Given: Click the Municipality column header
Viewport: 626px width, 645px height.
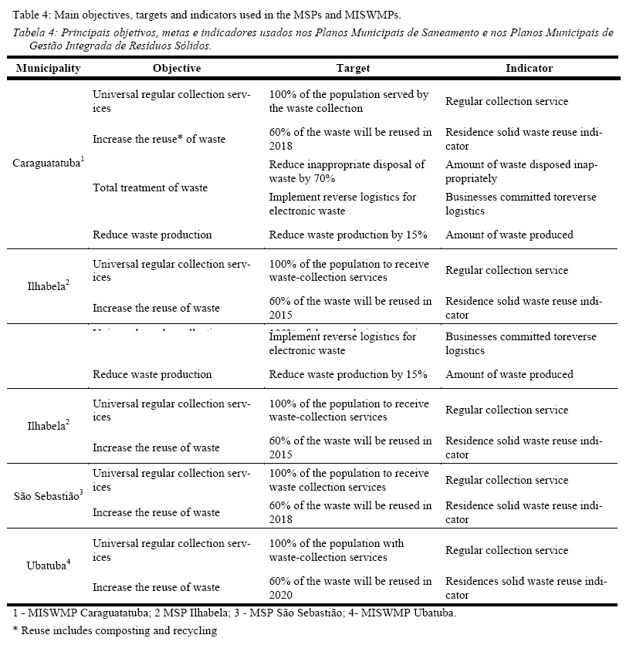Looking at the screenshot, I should tap(49, 68).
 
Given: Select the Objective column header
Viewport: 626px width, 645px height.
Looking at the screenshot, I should tap(177, 68).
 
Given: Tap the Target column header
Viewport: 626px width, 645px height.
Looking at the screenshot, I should tap(353, 68).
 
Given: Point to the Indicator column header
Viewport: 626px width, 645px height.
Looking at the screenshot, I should tap(529, 68).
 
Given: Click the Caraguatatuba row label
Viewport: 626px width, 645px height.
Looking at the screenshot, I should tap(49, 163).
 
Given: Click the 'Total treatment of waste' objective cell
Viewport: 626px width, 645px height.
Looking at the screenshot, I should tap(150, 187).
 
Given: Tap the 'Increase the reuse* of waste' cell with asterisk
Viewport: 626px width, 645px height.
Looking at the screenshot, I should tap(159, 140).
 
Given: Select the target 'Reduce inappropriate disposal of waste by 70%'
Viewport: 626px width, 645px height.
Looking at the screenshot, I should tap(347, 171).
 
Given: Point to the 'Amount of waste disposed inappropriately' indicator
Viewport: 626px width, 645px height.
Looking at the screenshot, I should tap(520, 171).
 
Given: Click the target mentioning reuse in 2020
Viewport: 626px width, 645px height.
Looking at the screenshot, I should tap(350, 588).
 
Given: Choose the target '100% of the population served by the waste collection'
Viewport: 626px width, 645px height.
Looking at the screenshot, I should tap(348, 101).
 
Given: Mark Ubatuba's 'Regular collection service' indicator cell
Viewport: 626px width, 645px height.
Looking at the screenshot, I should tap(506, 550).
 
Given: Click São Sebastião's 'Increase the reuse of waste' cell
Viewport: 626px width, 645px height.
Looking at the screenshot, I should tap(156, 512).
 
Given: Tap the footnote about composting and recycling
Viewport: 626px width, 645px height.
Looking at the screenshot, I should tap(115, 630).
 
